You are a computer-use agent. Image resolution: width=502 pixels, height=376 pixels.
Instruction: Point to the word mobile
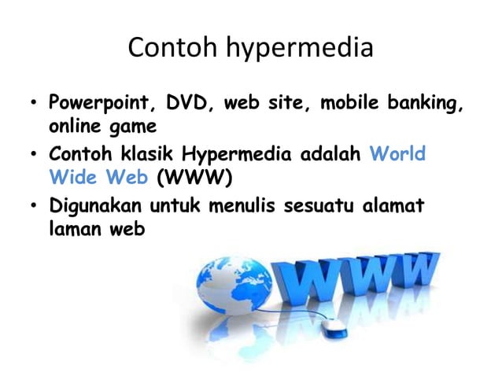[x=347, y=103]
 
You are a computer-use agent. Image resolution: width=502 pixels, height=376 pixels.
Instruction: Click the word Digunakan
[x=93, y=206]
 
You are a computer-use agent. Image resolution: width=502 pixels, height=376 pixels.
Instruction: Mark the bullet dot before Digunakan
[x=33, y=208]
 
